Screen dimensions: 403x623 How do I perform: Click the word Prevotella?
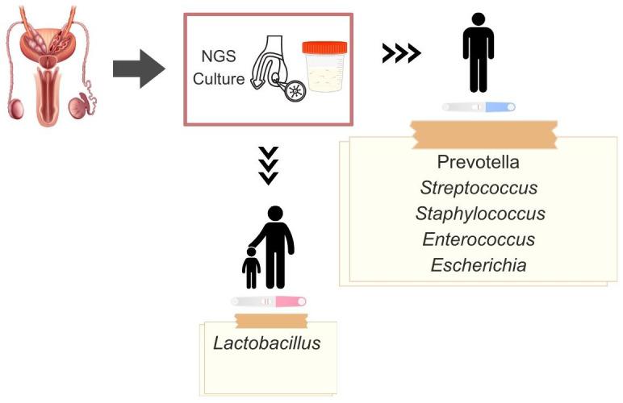478,162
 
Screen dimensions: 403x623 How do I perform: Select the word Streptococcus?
479,188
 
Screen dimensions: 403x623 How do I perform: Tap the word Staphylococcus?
480,214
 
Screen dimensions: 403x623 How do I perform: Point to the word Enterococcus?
479,239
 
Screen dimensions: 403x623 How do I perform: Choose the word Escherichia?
479,265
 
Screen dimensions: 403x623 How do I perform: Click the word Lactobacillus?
267,343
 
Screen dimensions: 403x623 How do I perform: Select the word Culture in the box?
218,80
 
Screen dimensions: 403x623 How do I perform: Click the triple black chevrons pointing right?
401,53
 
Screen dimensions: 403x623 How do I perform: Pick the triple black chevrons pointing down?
268,165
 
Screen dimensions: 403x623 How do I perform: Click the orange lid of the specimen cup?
324,47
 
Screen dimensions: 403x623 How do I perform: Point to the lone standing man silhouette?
478,52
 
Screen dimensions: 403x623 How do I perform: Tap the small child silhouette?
252,268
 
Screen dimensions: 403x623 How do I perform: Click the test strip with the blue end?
479,107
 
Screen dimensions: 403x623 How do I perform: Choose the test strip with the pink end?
269,301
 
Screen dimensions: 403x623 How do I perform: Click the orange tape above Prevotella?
483,134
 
